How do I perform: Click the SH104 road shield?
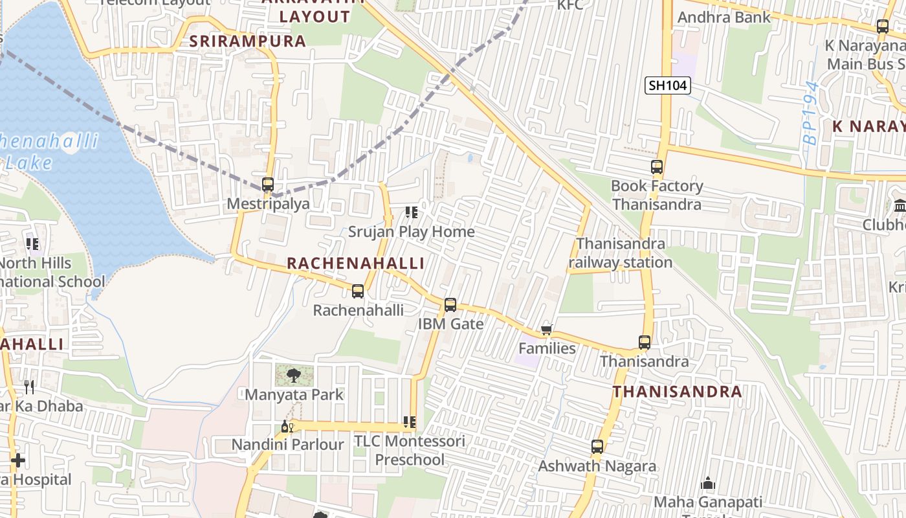(668, 85)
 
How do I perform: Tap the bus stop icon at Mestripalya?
(268, 185)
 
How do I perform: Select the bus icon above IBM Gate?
(450, 304)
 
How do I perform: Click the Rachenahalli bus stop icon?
(358, 291)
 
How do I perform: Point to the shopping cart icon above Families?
(547, 330)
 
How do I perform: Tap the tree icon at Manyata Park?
(294, 375)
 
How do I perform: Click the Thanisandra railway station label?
(620, 253)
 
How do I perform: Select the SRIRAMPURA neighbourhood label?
(247, 41)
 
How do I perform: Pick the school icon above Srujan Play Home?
(411, 212)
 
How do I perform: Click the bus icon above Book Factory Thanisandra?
(657, 167)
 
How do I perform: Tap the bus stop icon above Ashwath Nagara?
(597, 447)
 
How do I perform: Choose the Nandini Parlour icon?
(287, 426)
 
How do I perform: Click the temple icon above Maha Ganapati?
(709, 483)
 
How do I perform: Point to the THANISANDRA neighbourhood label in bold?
(677, 392)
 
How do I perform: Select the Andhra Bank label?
(724, 17)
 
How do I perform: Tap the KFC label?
(570, 5)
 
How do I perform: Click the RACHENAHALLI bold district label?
(355, 264)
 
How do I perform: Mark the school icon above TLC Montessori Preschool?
(410, 423)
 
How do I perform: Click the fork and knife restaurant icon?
(29, 387)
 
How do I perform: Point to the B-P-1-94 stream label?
(810, 113)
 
